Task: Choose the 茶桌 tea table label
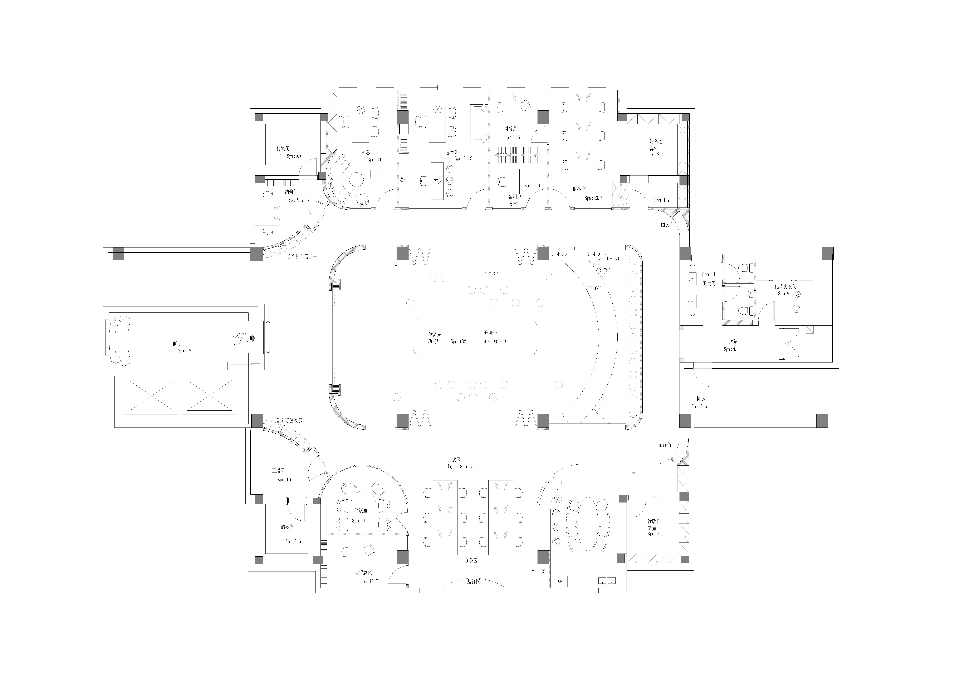(x=438, y=181)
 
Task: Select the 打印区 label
(x=538, y=572)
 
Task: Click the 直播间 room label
(x=278, y=470)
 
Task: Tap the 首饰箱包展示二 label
(x=291, y=421)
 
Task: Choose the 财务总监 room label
(x=513, y=129)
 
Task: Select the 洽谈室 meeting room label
(x=361, y=510)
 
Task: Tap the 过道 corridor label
(x=733, y=342)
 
